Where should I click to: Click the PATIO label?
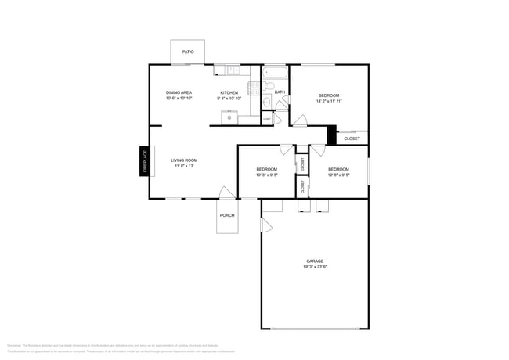(188, 52)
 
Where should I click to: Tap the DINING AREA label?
(179, 92)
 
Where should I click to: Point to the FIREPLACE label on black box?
(145, 161)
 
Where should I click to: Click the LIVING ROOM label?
(184, 160)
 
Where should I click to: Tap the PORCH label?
(227, 215)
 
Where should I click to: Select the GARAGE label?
(315, 261)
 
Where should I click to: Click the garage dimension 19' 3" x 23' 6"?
(315, 268)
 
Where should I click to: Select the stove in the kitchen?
(254, 88)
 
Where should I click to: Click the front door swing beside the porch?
(226, 193)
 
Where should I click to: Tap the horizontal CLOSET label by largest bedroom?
(352, 139)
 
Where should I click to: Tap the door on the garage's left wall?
(266, 225)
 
